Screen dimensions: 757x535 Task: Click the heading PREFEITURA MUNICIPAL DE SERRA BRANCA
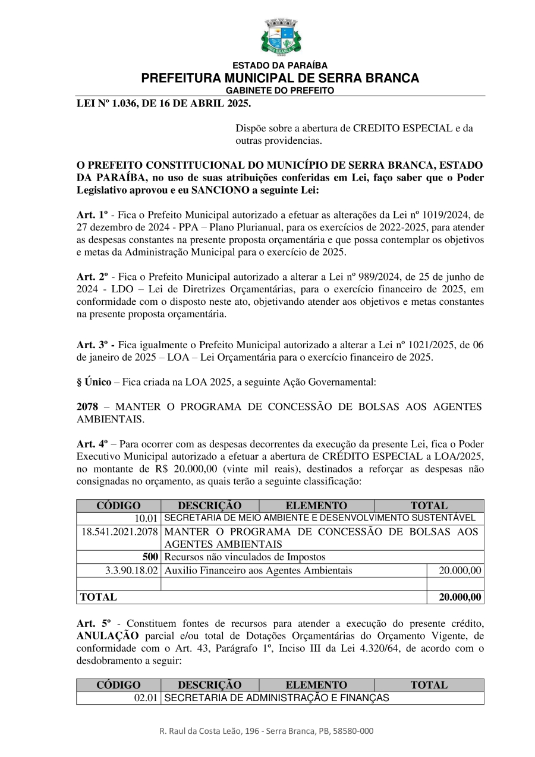pyautogui.click(x=280, y=78)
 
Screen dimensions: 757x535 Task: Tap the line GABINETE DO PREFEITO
pyautogui.click(x=280, y=90)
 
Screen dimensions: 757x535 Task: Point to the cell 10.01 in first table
pyautogui.click(x=146, y=518)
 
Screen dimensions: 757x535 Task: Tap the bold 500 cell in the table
pyautogui.click(x=150, y=557)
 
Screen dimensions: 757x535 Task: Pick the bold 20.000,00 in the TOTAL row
pyautogui.click(x=460, y=597)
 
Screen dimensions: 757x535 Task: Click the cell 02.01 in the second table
pyautogui.click(x=146, y=698)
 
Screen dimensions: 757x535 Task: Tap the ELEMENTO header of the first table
pyautogui.click(x=316, y=506)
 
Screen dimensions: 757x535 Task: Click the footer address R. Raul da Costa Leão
pyautogui.click(x=266, y=731)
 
